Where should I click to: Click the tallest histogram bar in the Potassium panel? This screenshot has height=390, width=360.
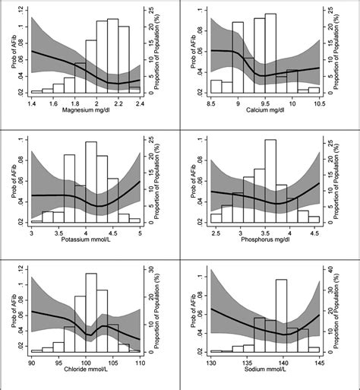click(x=91, y=182)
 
